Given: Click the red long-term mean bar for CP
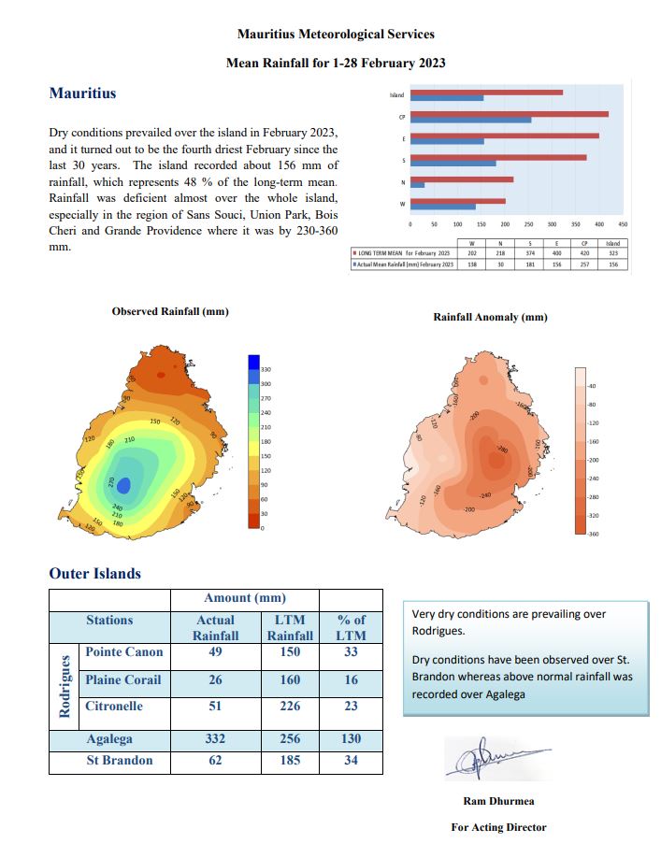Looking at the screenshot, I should coord(509,114).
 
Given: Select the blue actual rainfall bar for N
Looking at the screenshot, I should coord(417,184).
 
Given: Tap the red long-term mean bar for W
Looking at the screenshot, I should coord(458,200).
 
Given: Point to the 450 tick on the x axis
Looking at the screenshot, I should coord(624,225).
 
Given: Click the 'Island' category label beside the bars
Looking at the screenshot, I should coord(396,95).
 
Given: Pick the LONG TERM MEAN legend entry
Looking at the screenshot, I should coord(403,253).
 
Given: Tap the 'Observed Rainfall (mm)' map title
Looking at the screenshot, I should coord(169,311).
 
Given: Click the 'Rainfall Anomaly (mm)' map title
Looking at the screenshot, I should coord(490,317).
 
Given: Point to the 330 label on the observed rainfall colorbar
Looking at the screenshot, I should coord(265,370).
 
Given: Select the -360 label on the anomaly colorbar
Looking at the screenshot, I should coord(590,533).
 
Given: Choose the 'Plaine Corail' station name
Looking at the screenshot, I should coord(122,679).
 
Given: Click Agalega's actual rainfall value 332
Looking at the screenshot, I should coord(215,739).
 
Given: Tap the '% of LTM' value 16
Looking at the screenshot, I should coord(351,679).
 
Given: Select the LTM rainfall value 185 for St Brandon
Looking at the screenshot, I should coord(290,761).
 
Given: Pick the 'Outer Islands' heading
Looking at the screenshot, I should coord(94,574).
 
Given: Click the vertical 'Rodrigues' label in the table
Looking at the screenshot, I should coord(65,686).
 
